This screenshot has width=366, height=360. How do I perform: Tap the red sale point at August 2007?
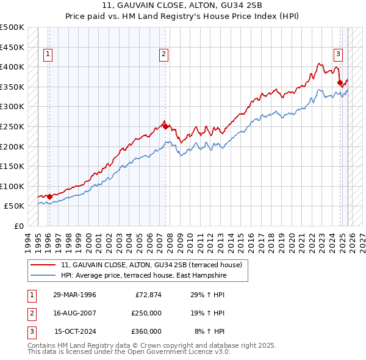point(165,126)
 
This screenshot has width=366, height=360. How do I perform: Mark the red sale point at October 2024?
point(340,82)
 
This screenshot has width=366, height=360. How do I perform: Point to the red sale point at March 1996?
point(49,196)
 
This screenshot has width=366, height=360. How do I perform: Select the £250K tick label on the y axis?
point(13,126)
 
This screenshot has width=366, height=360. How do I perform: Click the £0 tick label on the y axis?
point(19,226)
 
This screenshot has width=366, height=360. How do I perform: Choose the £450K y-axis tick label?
point(13,47)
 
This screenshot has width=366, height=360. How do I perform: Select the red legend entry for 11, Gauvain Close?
point(152,265)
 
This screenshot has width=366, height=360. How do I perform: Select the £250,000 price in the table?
point(146,313)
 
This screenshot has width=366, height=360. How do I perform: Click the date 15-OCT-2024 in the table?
point(74,331)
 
